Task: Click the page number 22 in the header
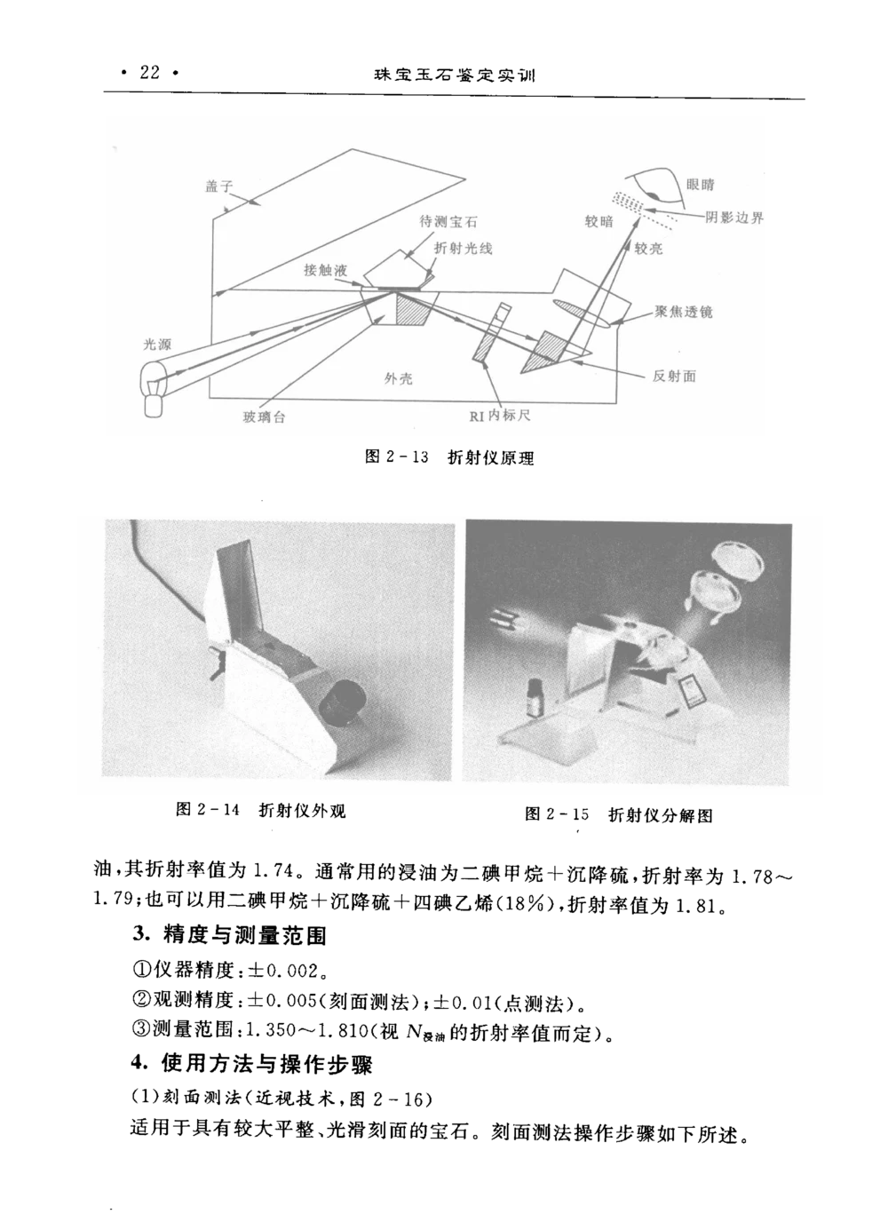pos(149,72)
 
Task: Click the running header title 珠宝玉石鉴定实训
pos(455,75)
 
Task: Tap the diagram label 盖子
pos(218,186)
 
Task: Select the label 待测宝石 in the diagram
pos(448,221)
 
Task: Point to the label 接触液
pos(326,270)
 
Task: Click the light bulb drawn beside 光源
pos(155,388)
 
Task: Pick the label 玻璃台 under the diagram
pos(264,417)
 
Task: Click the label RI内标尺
pos(500,416)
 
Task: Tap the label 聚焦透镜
pos(683,312)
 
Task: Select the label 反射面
pos(674,376)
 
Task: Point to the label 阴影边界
pos(734,218)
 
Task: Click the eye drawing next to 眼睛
pos(655,187)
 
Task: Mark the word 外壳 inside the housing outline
pos(398,378)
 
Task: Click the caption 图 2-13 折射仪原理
pos(449,457)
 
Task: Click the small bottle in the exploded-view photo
pos(536,696)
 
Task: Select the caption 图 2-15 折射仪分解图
pos(619,815)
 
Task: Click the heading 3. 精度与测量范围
pos(229,935)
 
